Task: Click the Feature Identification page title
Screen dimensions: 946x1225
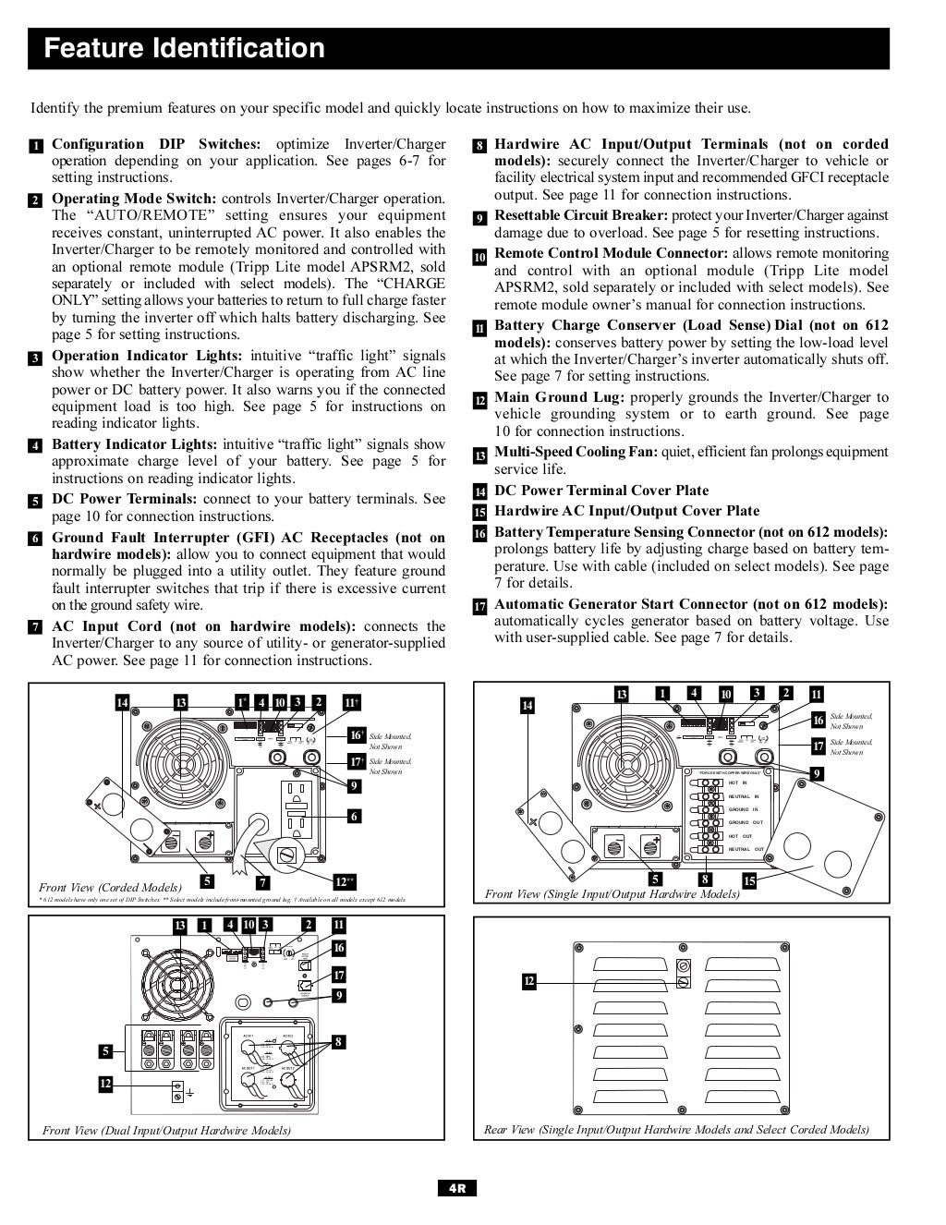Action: click(x=185, y=48)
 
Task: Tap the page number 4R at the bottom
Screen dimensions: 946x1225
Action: click(x=457, y=1188)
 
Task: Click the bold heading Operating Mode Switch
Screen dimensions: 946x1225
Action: click(x=134, y=199)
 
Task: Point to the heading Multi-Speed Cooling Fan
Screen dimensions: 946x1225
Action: click(x=576, y=452)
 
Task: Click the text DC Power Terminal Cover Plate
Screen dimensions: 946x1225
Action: click(x=601, y=491)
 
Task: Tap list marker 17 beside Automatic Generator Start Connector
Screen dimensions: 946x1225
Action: click(x=479, y=607)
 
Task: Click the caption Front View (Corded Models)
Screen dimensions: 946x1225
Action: click(x=110, y=887)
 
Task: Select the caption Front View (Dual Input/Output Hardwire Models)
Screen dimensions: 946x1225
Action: click(x=166, y=1130)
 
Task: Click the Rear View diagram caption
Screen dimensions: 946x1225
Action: click(x=676, y=1129)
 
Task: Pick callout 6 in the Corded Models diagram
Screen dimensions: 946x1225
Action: click(x=355, y=816)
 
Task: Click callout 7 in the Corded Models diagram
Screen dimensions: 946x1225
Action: click(x=264, y=881)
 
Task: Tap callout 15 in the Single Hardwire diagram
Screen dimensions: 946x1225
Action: click(x=749, y=881)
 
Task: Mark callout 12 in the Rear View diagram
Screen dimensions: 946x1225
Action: click(x=529, y=980)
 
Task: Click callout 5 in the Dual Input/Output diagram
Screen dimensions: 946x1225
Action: click(x=107, y=1050)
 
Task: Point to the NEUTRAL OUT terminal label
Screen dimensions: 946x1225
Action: click(x=746, y=849)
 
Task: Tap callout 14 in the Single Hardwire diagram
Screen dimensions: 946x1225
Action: click(x=528, y=706)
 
